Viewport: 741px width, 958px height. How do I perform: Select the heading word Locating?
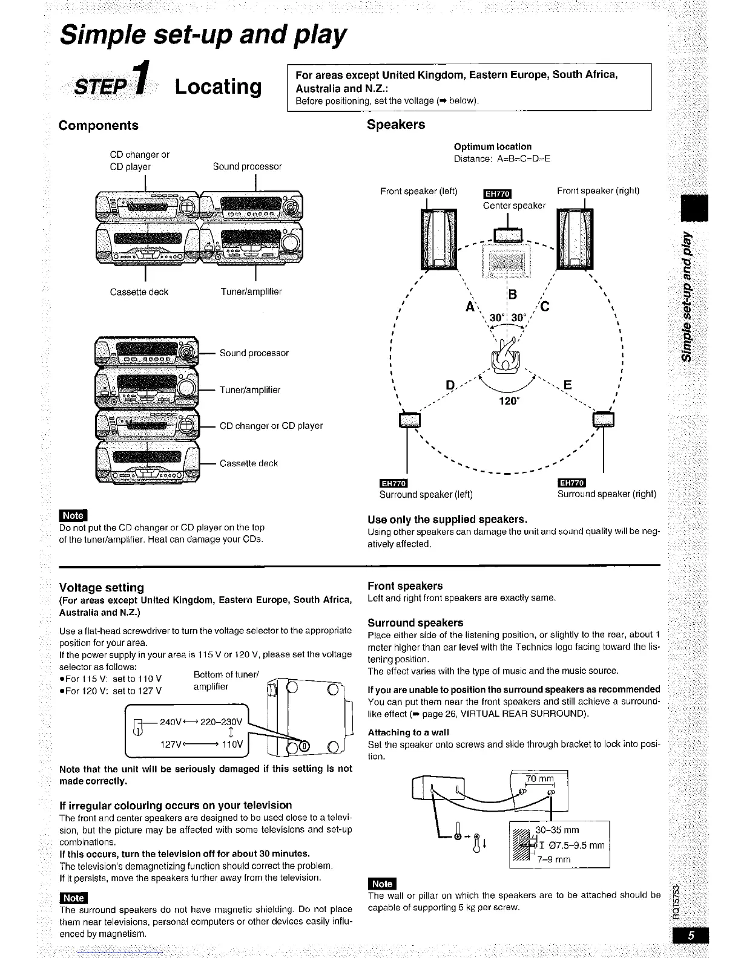[218, 86]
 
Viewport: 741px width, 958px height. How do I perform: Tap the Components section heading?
[98, 125]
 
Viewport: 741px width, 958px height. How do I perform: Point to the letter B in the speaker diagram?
[513, 295]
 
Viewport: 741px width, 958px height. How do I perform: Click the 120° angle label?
[509, 400]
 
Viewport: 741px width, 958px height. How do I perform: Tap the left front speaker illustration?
[435, 239]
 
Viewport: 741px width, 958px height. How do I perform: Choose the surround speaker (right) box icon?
[604, 419]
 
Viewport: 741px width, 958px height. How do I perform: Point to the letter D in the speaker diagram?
[450, 385]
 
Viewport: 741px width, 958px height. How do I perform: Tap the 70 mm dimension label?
[539, 778]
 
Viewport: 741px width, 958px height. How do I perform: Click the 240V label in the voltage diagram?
[171, 722]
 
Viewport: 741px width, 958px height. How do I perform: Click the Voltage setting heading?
[102, 587]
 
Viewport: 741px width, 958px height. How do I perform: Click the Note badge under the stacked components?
[73, 515]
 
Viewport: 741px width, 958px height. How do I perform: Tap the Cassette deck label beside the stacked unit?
[248, 463]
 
